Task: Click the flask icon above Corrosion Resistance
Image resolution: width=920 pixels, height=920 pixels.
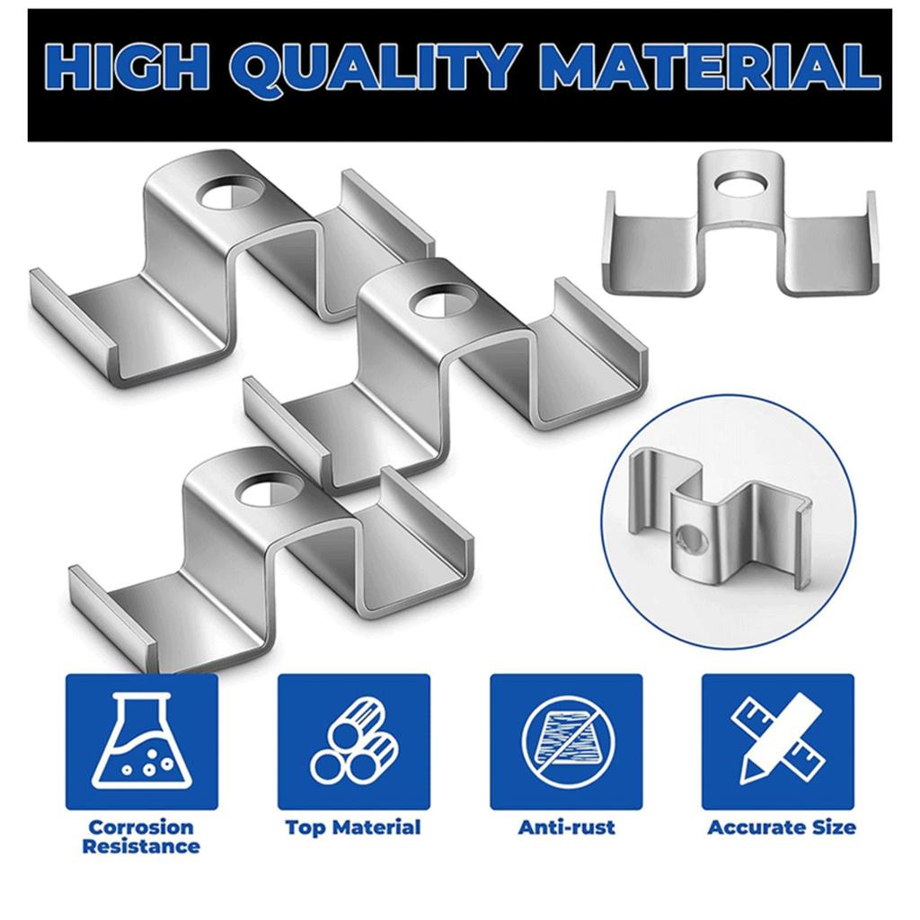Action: (141, 742)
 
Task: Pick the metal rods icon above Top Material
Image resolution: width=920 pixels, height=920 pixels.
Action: (353, 742)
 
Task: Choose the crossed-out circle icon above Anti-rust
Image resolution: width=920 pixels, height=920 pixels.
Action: (565, 742)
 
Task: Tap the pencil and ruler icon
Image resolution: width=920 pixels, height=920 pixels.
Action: (777, 742)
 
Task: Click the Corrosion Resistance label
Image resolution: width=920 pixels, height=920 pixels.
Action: (141, 836)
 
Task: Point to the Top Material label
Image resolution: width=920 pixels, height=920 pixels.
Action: (353, 827)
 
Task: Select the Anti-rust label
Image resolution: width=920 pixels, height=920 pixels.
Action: (566, 827)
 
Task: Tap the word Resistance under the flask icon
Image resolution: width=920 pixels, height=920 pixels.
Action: (141, 846)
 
